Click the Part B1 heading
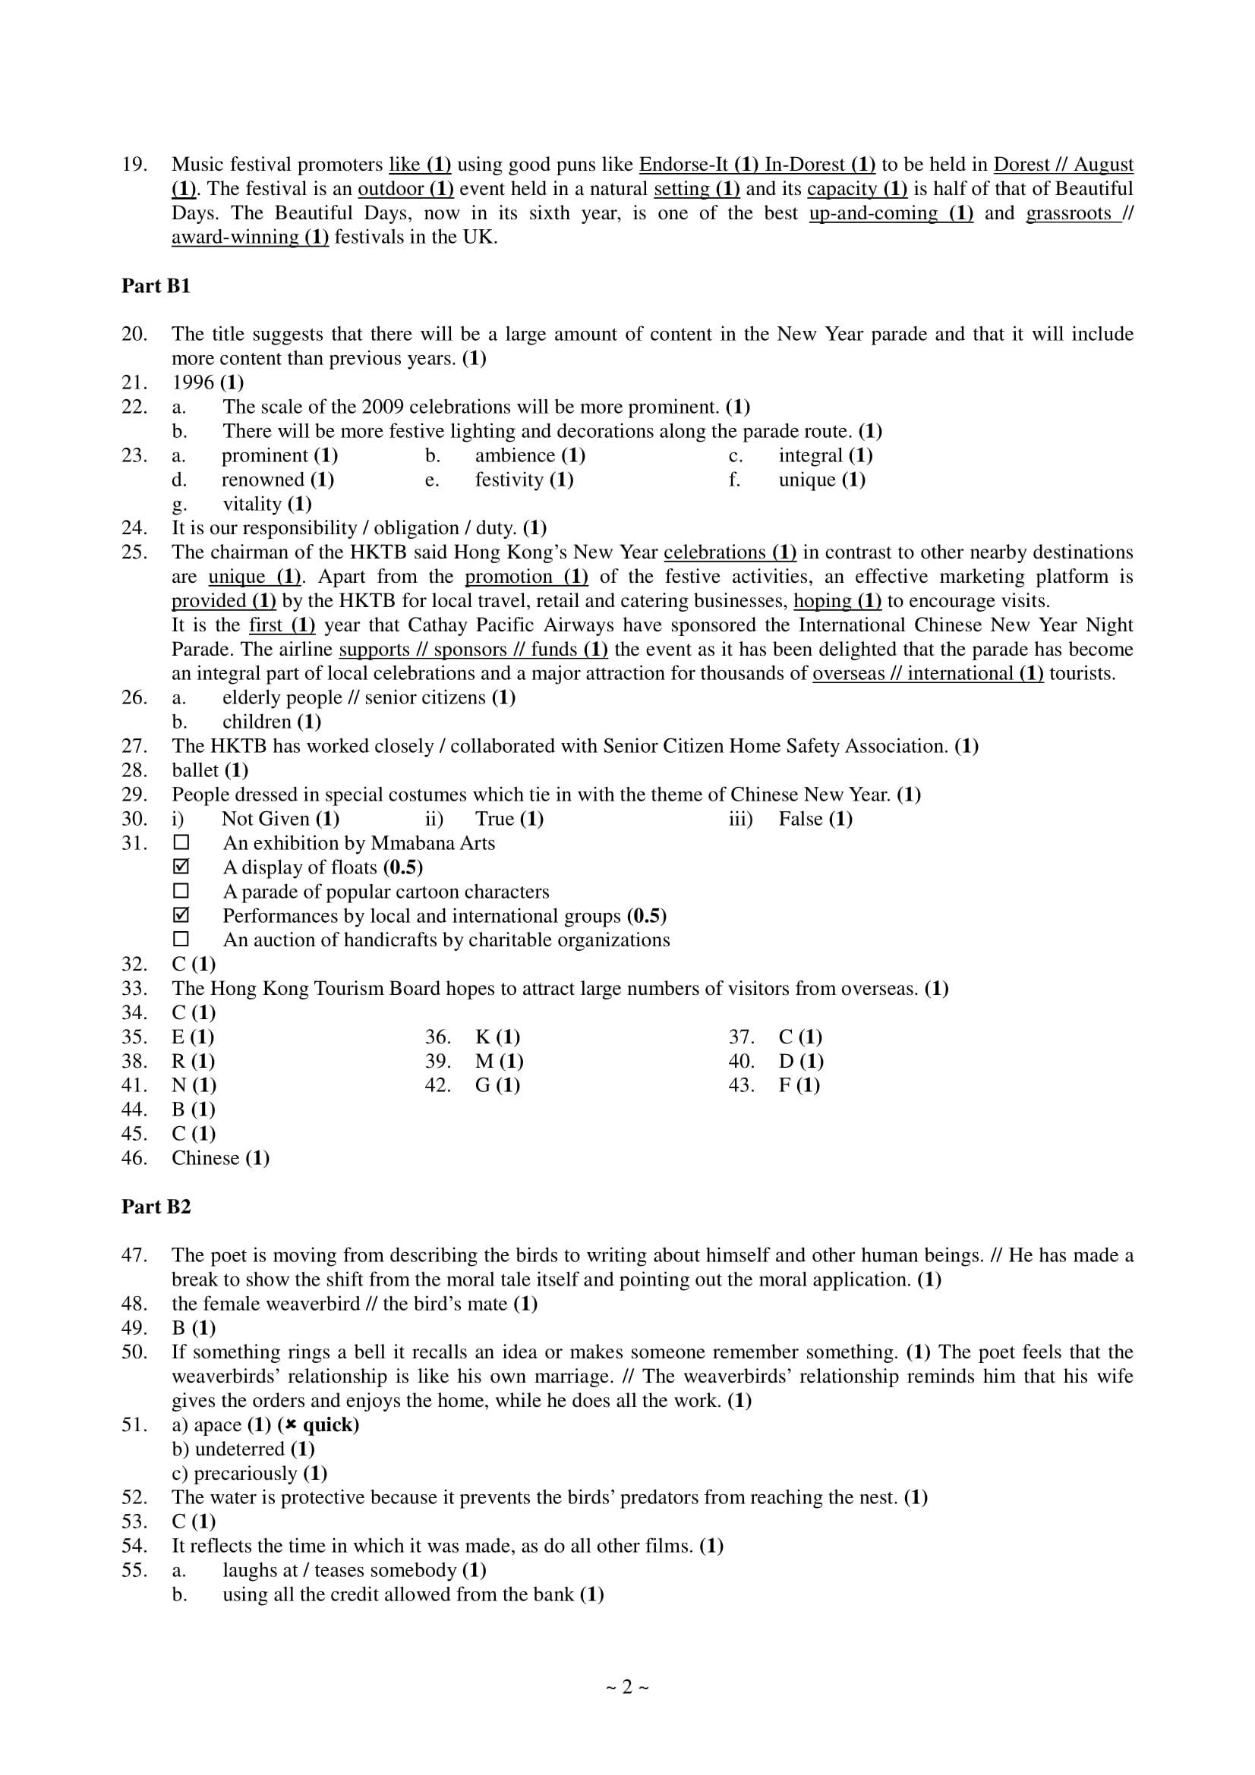point(156,286)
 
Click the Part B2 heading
point(156,1207)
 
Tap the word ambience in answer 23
point(515,455)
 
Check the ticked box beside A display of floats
point(181,867)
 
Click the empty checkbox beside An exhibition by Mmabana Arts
point(181,842)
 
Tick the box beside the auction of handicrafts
point(181,940)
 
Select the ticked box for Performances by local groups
point(181,915)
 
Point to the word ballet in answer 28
point(195,770)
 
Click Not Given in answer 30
point(265,819)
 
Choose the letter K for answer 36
point(483,1037)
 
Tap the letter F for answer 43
point(785,1085)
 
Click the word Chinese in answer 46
point(205,1158)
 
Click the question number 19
point(134,165)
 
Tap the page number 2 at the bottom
point(627,1687)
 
